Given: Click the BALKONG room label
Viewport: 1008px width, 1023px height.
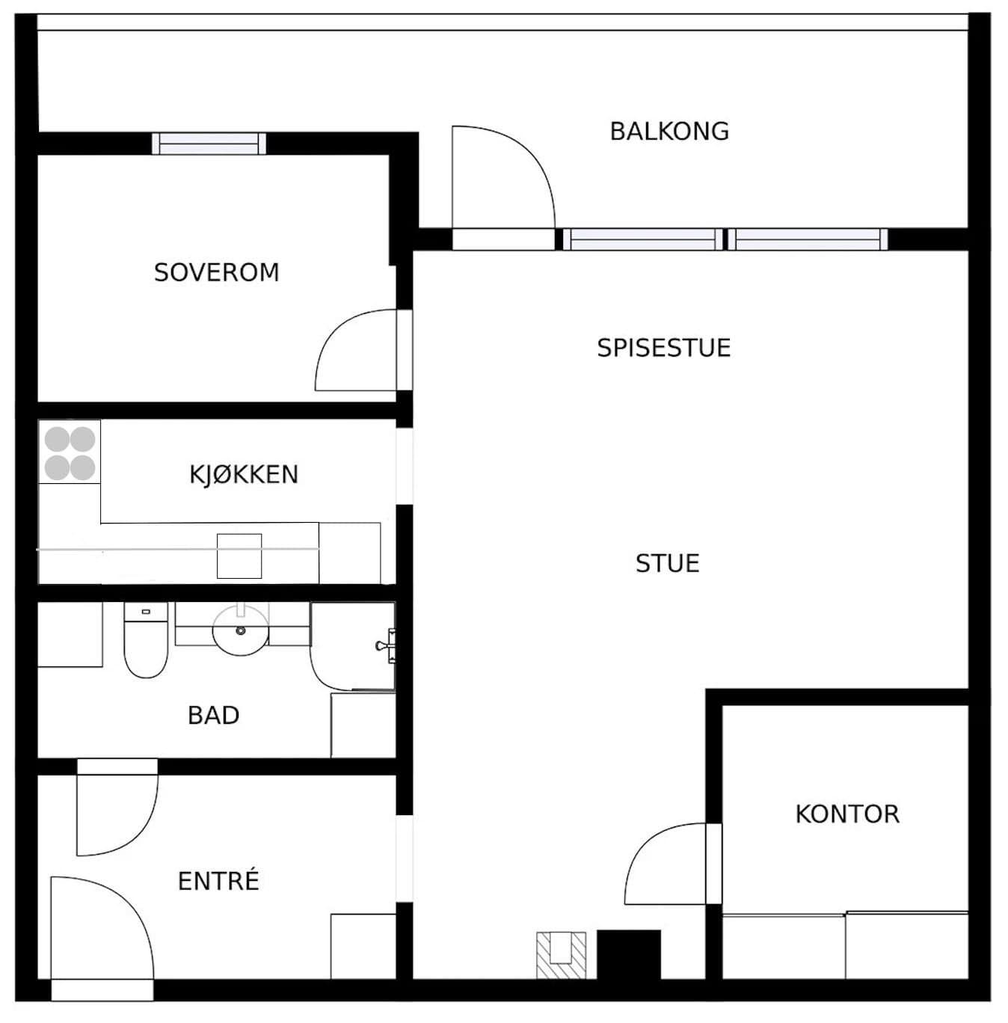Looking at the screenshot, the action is pyautogui.click(x=669, y=131).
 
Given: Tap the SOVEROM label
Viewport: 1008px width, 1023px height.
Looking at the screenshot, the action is pyautogui.click(x=217, y=272).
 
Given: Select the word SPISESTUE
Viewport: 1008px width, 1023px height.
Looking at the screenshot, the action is pyautogui.click(x=664, y=348).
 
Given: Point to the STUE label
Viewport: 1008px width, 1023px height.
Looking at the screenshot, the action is pyautogui.click(x=668, y=563).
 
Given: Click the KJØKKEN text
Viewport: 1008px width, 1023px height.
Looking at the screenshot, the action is pyautogui.click(x=244, y=474).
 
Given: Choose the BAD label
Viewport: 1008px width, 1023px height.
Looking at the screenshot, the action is pyautogui.click(x=214, y=715).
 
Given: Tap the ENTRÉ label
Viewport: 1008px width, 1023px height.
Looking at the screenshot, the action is pyautogui.click(x=218, y=881).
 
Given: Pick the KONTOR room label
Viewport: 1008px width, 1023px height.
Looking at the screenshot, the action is pyautogui.click(x=848, y=814).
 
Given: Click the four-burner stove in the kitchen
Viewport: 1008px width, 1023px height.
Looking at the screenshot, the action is pyautogui.click(x=70, y=453).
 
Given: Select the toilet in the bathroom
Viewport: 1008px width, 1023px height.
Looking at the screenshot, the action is pyautogui.click(x=146, y=639).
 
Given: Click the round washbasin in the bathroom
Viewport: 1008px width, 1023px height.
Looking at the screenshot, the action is pyautogui.click(x=241, y=631).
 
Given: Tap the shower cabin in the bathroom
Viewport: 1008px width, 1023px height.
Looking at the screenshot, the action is pyautogui.click(x=353, y=646).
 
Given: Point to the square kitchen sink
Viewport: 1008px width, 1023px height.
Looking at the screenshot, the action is pyautogui.click(x=239, y=556).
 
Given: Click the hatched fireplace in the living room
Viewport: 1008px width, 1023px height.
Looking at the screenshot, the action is pyautogui.click(x=562, y=955).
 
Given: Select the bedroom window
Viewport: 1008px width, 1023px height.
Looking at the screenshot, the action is pyautogui.click(x=209, y=144).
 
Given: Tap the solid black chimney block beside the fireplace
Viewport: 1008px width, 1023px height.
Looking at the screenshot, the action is pyautogui.click(x=629, y=955).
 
